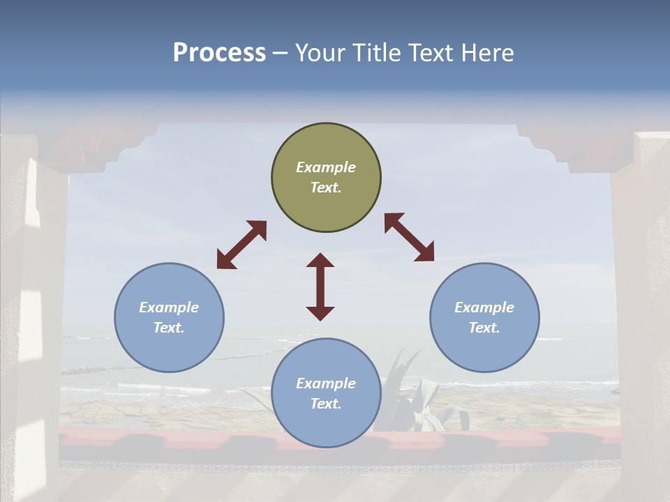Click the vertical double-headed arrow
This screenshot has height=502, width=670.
tap(320, 287)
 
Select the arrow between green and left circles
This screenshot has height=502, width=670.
tap(241, 245)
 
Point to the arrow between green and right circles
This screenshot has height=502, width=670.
tap(409, 237)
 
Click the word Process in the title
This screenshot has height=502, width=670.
tap(219, 53)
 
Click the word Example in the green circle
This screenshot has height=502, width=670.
tap(326, 167)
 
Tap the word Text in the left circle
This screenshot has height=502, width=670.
tap(169, 328)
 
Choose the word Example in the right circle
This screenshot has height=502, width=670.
tap(484, 307)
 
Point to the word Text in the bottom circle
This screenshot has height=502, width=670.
tap(326, 404)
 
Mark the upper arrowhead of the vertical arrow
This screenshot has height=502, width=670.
tap(320, 261)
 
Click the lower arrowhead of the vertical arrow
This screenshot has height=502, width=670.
tap(320, 313)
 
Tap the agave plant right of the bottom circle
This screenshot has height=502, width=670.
tap(419, 401)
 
